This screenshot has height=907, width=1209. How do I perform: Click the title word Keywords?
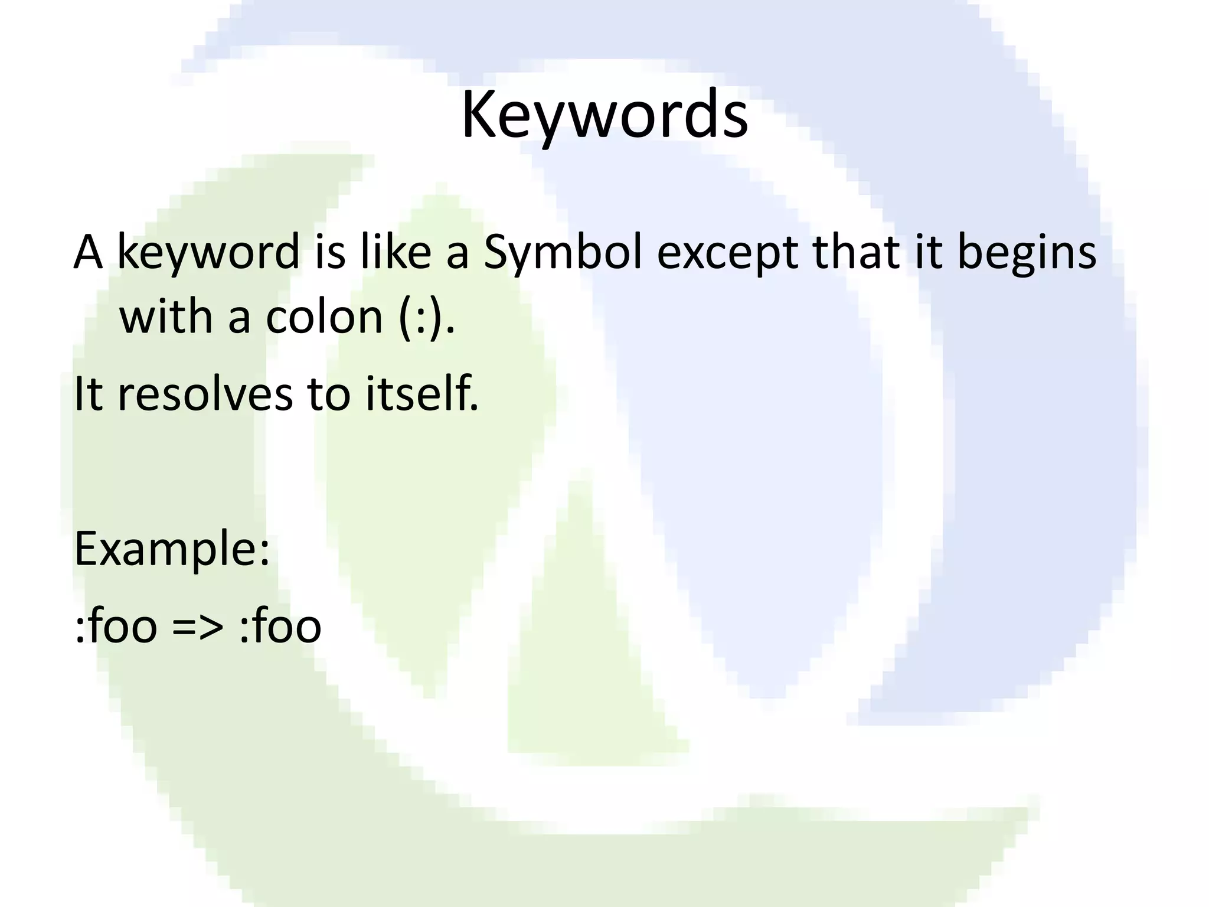click(x=604, y=115)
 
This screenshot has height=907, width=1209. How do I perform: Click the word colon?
click(x=324, y=318)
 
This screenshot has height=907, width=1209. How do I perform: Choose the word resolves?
click(x=205, y=394)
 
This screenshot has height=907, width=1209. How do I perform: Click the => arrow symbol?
click(x=198, y=627)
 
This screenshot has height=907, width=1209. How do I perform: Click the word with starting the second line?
click(x=166, y=317)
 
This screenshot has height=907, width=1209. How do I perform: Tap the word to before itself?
click(x=329, y=394)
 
